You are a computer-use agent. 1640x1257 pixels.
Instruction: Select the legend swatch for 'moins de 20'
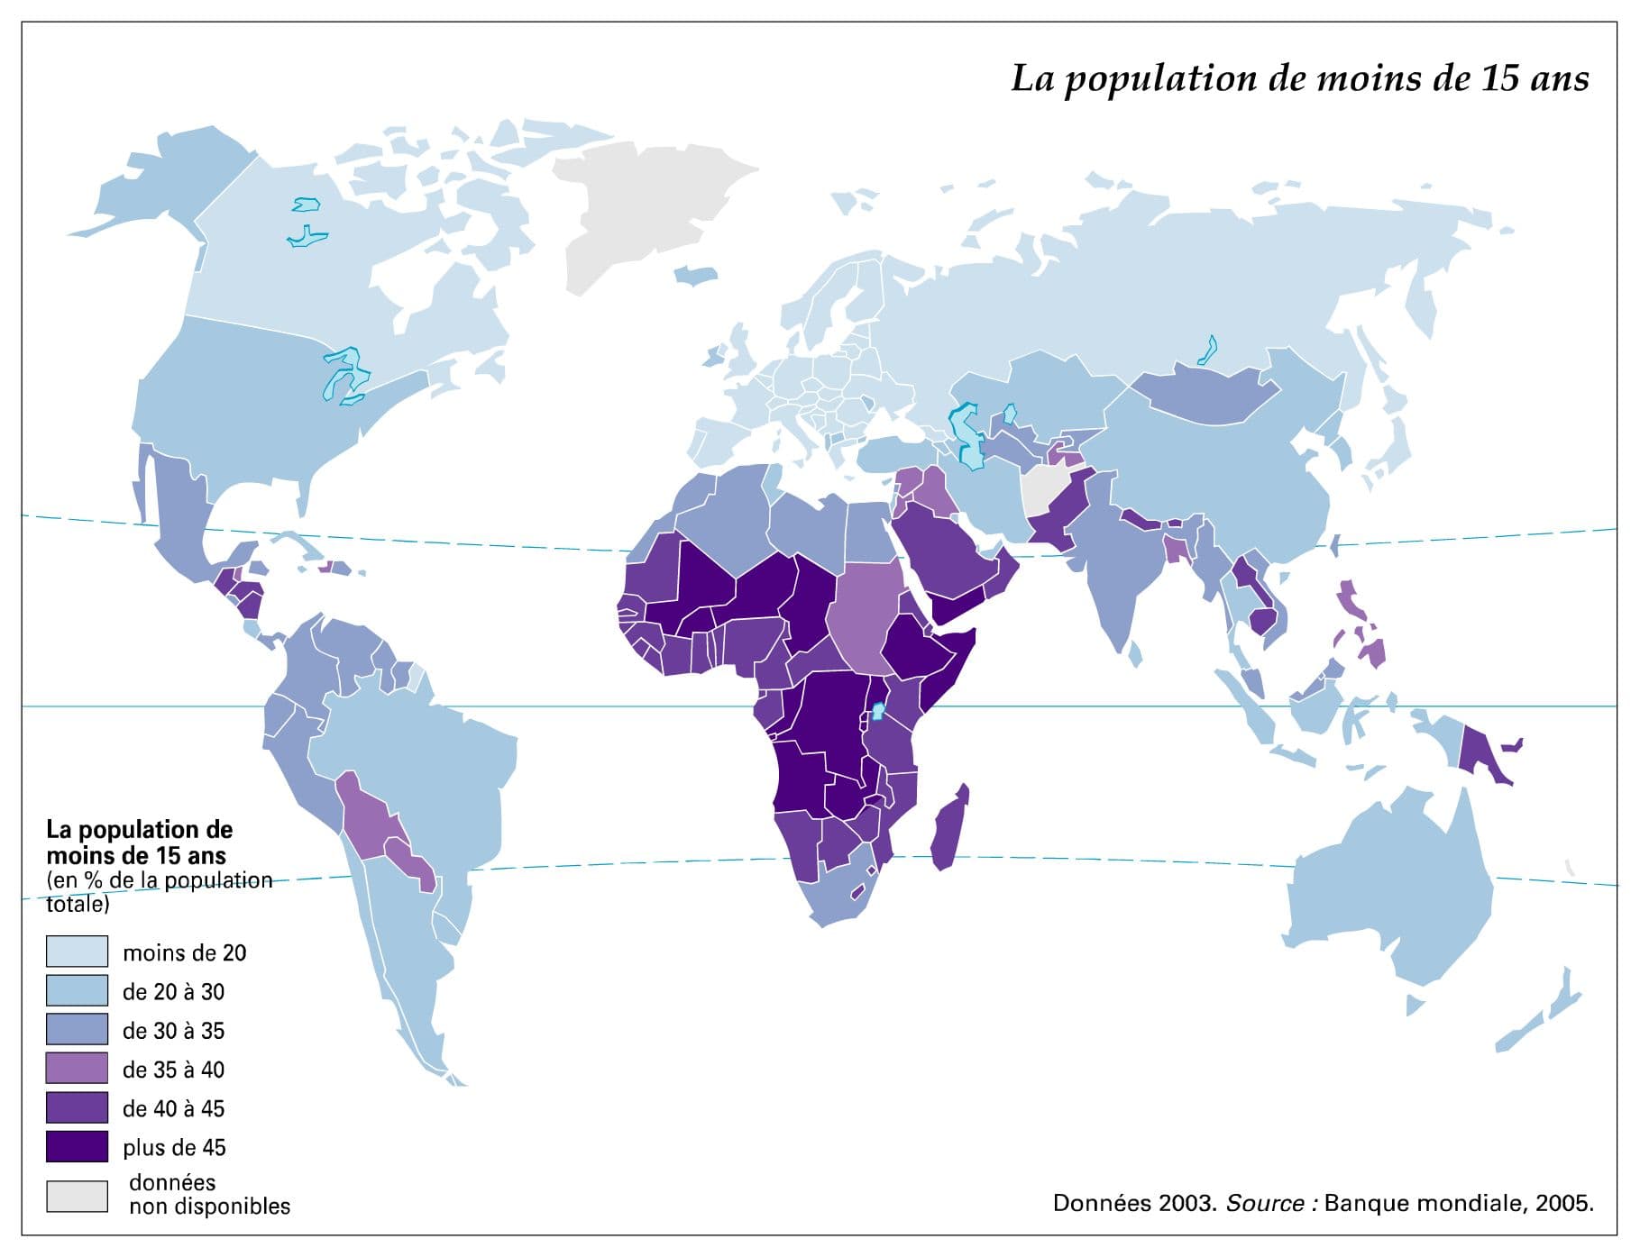77,952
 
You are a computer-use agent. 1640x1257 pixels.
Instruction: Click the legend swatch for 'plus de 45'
77,1147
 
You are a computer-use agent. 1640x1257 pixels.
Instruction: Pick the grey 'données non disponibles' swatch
77,1196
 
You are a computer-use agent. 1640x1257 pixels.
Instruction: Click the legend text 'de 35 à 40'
173,1070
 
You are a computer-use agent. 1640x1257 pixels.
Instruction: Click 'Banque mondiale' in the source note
1425,1204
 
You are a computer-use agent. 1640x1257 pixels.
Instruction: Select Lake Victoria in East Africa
876,713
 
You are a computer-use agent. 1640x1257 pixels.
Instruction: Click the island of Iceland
694,276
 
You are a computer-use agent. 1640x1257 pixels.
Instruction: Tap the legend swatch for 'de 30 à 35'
77,1030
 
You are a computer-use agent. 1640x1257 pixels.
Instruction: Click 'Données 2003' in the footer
1134,1204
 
